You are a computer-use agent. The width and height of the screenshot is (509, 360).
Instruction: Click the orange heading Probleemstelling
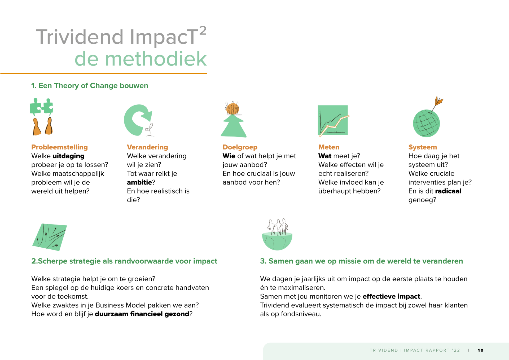(59, 147)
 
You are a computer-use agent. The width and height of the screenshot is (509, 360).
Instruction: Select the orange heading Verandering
(147, 147)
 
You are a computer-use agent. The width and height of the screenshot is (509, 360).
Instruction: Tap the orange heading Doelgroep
(240, 147)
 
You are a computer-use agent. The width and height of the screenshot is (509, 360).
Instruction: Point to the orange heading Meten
(329, 147)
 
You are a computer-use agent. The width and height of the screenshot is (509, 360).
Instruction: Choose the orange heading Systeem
(423, 147)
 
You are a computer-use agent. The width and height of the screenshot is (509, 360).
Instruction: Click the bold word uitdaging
(68, 156)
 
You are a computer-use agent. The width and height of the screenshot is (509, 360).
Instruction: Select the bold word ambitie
(139, 182)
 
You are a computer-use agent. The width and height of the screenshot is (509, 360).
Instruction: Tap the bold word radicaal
(448, 191)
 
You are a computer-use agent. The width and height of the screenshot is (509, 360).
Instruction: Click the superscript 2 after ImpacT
(203, 31)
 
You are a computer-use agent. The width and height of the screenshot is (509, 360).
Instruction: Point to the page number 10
(480, 350)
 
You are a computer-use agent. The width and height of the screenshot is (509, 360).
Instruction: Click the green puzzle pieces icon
(41, 107)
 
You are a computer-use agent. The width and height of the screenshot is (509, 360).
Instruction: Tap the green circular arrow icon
(137, 120)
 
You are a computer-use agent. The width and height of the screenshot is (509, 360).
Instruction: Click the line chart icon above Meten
(333, 120)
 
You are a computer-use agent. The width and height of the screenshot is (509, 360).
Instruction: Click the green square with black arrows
(50, 237)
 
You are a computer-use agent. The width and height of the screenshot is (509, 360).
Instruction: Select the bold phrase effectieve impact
(391, 296)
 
